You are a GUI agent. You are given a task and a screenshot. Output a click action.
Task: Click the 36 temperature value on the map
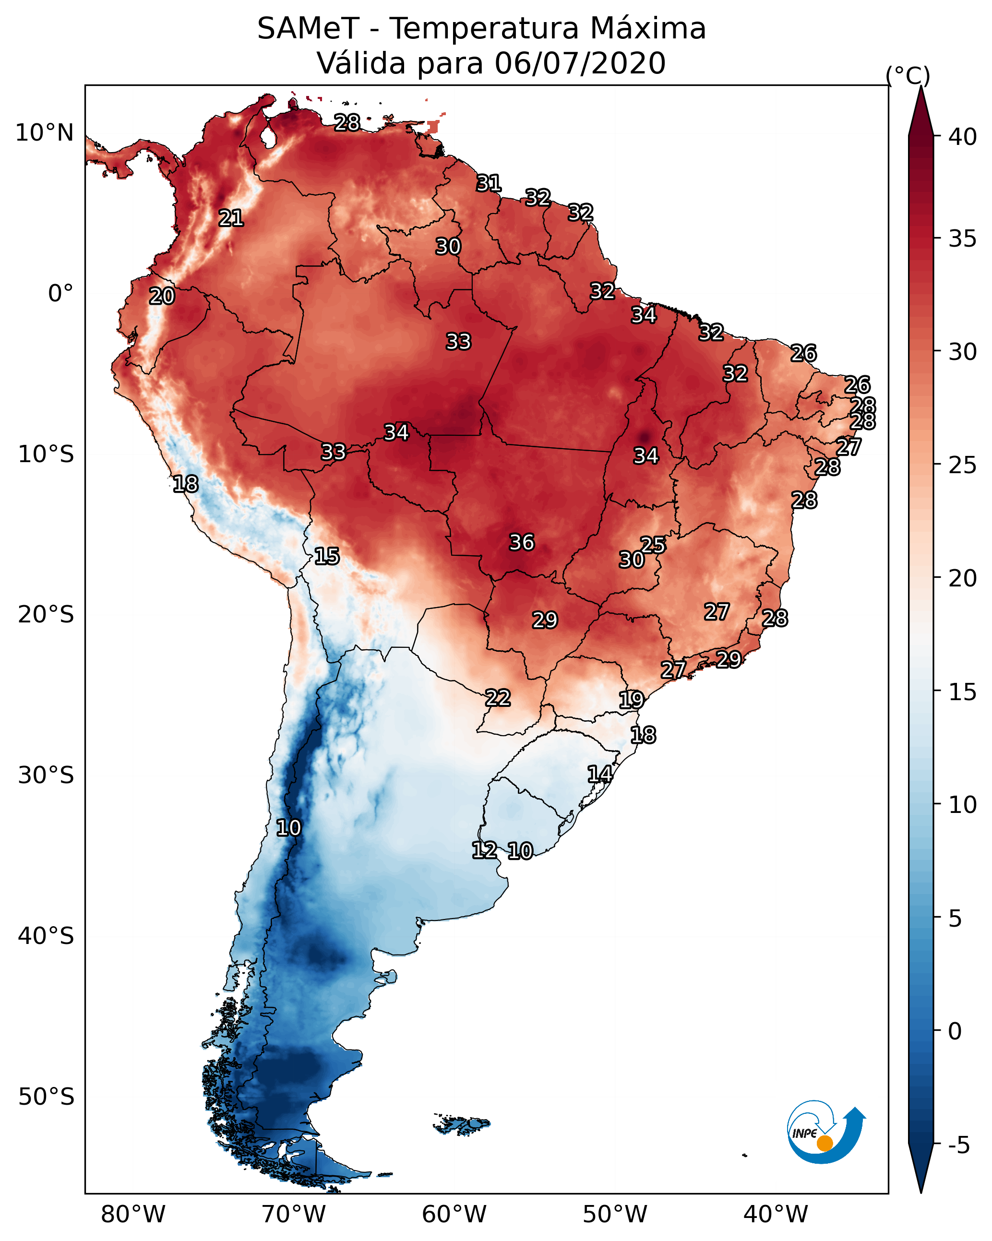(x=522, y=542)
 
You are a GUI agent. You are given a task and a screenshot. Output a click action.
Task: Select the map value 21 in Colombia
(x=231, y=218)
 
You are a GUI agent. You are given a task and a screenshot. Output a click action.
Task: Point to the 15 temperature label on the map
(x=326, y=556)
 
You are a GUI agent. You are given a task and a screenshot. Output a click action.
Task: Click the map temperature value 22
(x=497, y=698)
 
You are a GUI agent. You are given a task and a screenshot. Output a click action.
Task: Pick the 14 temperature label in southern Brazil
(x=599, y=774)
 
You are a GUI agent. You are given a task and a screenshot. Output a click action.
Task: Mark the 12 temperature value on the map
(x=484, y=850)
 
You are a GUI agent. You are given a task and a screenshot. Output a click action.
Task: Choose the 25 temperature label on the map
(x=653, y=545)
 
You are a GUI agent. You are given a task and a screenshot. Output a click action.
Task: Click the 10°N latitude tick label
(x=44, y=133)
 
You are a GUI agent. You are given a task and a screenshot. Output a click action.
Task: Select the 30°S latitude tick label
(x=46, y=776)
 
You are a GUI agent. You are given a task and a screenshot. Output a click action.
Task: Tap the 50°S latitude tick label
(x=46, y=1097)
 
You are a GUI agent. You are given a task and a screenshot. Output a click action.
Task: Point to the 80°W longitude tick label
(x=133, y=1215)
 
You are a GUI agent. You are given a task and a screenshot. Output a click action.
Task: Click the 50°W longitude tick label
(x=615, y=1215)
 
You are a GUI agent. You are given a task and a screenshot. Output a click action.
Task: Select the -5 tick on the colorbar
(x=958, y=1146)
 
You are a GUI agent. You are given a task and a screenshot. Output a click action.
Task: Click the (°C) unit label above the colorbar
(x=908, y=75)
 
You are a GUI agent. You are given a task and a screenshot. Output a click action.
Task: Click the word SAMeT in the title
(x=308, y=29)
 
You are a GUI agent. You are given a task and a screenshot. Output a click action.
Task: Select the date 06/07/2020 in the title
(x=580, y=63)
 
